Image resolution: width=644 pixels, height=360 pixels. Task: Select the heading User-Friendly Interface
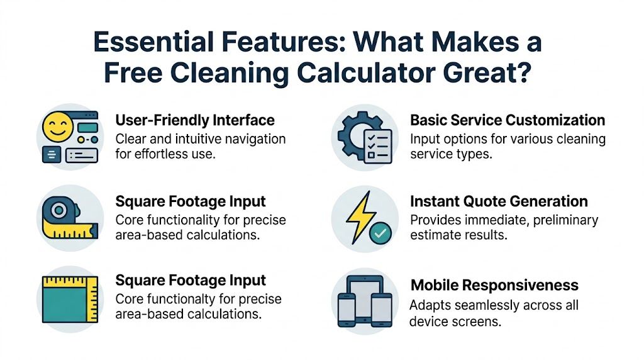tap(195, 120)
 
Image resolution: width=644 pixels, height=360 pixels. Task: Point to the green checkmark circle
tap(380, 234)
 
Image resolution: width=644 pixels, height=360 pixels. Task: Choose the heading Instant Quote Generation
tap(499, 201)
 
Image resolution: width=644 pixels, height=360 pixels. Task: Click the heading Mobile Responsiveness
tap(494, 285)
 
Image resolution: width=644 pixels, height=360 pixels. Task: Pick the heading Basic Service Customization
tap(508, 120)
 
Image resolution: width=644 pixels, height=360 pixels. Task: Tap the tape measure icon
tap(66, 217)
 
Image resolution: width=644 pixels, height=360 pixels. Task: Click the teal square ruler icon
tap(69, 300)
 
